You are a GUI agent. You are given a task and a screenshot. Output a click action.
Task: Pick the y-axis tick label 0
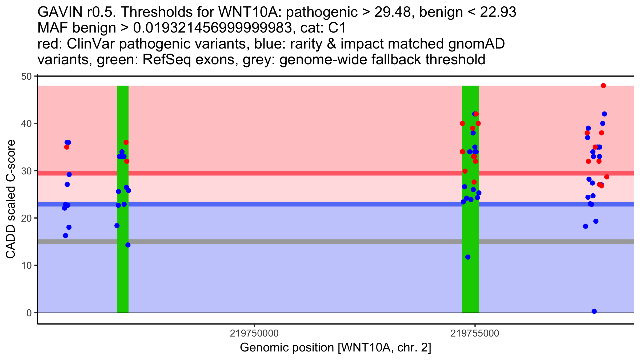29,313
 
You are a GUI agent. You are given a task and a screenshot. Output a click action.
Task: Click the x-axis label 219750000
254,333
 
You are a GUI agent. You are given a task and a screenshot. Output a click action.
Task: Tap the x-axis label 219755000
475,333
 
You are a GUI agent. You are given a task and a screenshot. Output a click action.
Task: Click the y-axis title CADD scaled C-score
11,199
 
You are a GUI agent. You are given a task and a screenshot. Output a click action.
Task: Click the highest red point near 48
603,86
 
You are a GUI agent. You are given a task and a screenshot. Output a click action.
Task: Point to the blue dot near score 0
594,311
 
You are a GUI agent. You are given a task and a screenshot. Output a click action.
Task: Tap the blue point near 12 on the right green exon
468,257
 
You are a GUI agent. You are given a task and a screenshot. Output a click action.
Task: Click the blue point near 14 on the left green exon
128,245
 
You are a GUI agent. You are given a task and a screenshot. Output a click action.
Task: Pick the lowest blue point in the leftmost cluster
66,236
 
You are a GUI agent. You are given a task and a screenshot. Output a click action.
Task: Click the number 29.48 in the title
392,12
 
